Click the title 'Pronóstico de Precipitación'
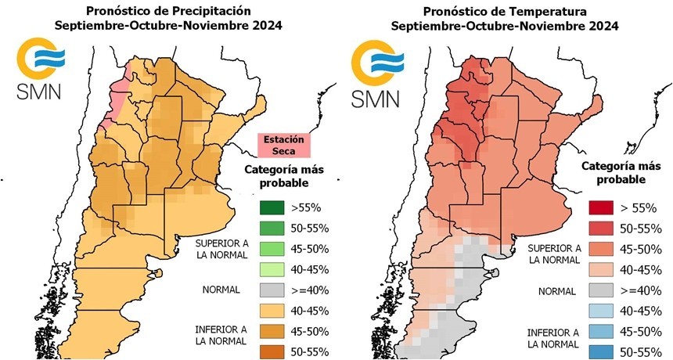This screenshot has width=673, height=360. click(x=169, y=11)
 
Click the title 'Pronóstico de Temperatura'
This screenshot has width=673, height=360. click(x=505, y=11)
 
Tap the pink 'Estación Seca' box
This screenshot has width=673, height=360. click(x=284, y=146)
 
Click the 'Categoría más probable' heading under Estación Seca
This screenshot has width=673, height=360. click(x=284, y=175)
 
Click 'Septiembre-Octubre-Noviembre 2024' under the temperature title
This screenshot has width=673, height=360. click(x=505, y=26)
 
